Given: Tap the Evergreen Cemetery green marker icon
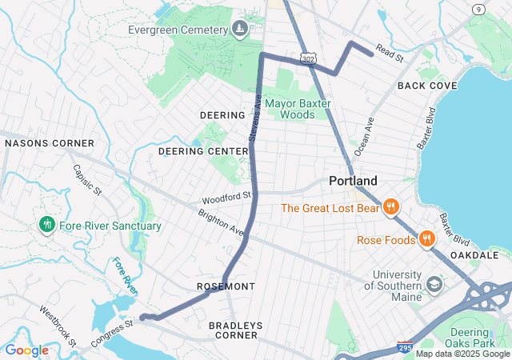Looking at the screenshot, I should tap(239, 30).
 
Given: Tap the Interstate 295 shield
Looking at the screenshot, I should tap(405, 347).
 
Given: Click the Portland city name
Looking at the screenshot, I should tap(353, 182).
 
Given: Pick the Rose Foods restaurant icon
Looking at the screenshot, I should tap(426, 238).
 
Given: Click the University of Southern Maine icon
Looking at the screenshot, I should tap(434, 284).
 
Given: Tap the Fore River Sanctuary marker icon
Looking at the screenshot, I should tap(47, 226).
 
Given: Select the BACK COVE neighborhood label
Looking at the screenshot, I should tap(427, 86).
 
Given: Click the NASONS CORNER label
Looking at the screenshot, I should tap(50, 143).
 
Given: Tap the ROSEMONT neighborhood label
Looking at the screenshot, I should tap(226, 286).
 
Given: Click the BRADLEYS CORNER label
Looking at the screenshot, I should tap(234, 330).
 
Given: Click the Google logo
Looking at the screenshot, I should tap(26, 350).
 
